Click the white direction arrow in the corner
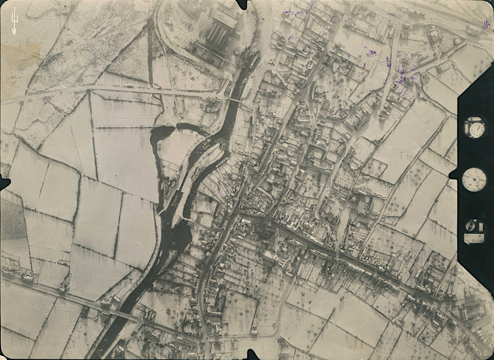coord(14,21)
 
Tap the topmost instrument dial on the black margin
coord(474,128)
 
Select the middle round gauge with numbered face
coord(474,179)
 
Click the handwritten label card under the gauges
coord(474,238)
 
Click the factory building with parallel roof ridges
coord(219,33)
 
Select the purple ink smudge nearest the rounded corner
coord(485,24)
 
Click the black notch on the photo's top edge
coord(242,4)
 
